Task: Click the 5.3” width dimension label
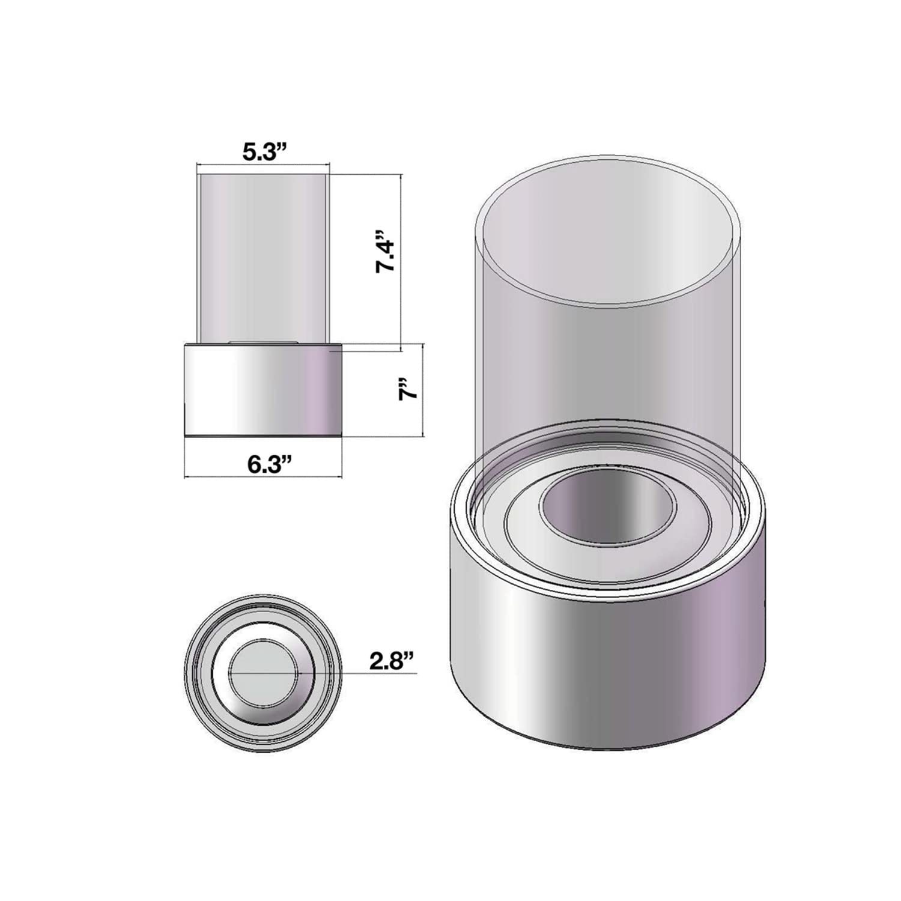pyautogui.click(x=263, y=152)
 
